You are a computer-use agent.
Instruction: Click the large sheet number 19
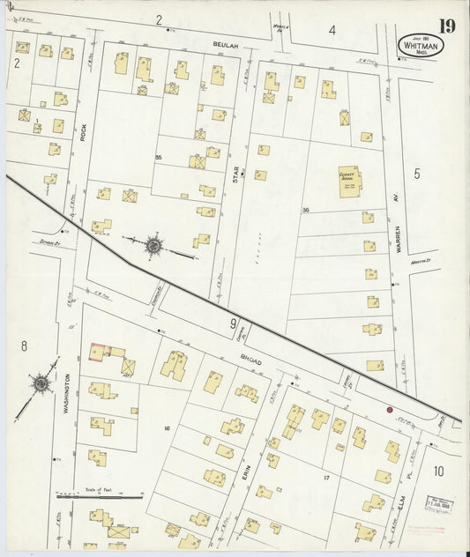pyautogui.click(x=446, y=25)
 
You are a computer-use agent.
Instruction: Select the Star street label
pyautogui.click(x=235, y=175)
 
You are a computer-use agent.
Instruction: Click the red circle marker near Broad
pyautogui.click(x=389, y=410)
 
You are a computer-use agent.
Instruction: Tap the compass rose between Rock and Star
pyautogui.click(x=153, y=245)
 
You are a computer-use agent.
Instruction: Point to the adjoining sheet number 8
pyautogui.click(x=24, y=345)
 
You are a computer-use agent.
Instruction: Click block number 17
pyautogui.click(x=325, y=478)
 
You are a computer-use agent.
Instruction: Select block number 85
pyautogui.click(x=159, y=158)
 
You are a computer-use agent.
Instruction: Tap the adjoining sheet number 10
pyautogui.click(x=438, y=471)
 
